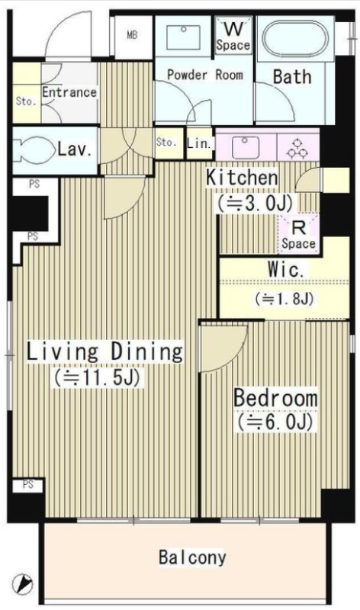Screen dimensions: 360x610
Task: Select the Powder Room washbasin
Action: [x=183, y=37]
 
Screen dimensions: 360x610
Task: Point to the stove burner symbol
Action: [x=297, y=148]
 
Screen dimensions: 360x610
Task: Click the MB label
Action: [x=132, y=35]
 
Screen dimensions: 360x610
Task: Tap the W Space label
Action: [x=233, y=37]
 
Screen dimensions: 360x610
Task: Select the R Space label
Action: [x=298, y=236]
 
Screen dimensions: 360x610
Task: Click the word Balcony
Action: [x=192, y=557]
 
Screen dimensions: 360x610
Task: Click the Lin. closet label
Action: [x=199, y=143]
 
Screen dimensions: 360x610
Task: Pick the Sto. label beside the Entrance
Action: [x=26, y=101]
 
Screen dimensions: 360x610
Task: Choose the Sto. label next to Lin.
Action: [x=166, y=143]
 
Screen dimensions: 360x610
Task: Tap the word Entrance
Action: [x=69, y=92]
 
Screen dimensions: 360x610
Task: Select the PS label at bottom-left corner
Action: [x=28, y=484]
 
